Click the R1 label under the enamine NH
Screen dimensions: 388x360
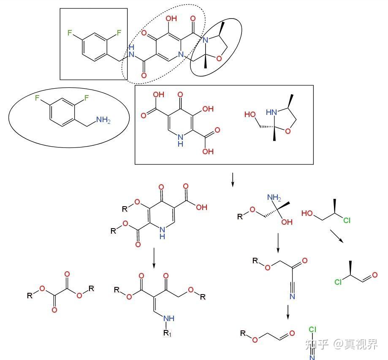[168, 333]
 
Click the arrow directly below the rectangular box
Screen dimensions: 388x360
[232, 180]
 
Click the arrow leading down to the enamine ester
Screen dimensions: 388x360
[154, 257]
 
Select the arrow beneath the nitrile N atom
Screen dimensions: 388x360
[288, 313]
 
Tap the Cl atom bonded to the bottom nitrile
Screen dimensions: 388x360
[312, 330]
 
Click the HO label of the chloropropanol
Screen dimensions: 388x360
[308, 214]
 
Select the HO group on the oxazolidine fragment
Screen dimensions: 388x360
[250, 114]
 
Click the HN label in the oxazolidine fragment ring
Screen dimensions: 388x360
[270, 112]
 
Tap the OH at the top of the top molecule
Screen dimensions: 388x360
[172, 19]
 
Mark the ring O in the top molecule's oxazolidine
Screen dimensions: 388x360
[219, 58]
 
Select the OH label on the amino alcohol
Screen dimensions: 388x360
[287, 222]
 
